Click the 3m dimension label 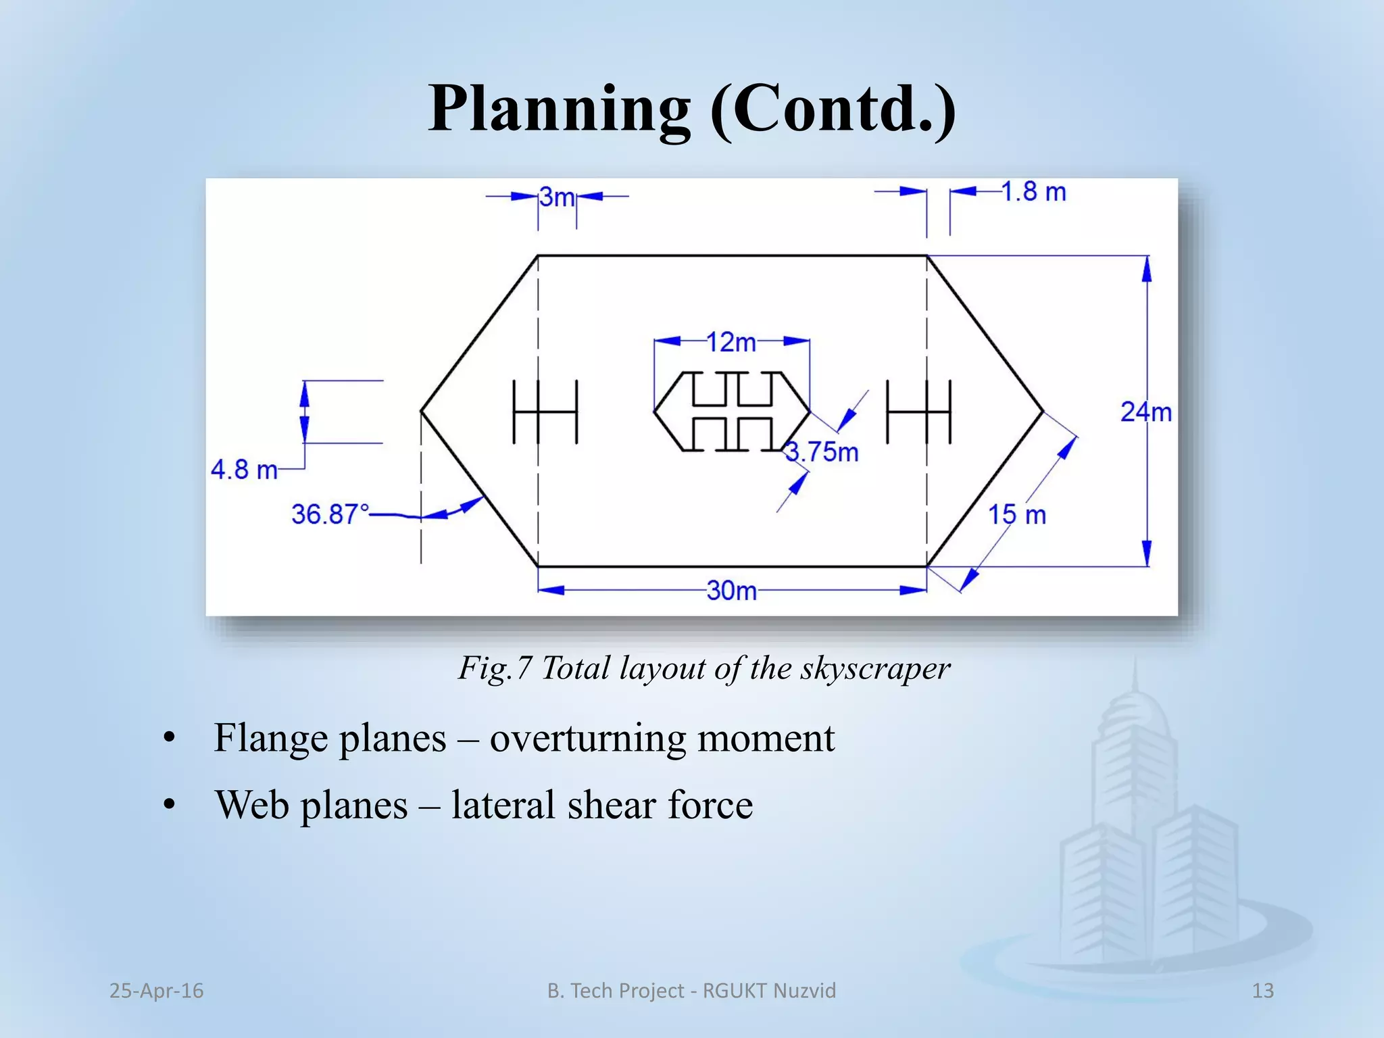[x=557, y=197]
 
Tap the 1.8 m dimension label [x=1033, y=192]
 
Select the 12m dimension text [x=731, y=343]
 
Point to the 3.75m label [x=822, y=452]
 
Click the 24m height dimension [x=1146, y=412]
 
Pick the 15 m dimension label [x=1017, y=515]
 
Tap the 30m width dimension [x=732, y=591]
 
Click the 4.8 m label [x=244, y=470]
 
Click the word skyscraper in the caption [x=875, y=668]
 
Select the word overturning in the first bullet [x=587, y=737]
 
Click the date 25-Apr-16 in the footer [x=156, y=991]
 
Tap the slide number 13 [x=1262, y=991]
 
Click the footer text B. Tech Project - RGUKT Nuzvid [x=691, y=991]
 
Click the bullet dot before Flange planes [x=169, y=738]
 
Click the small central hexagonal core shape [x=732, y=411]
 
